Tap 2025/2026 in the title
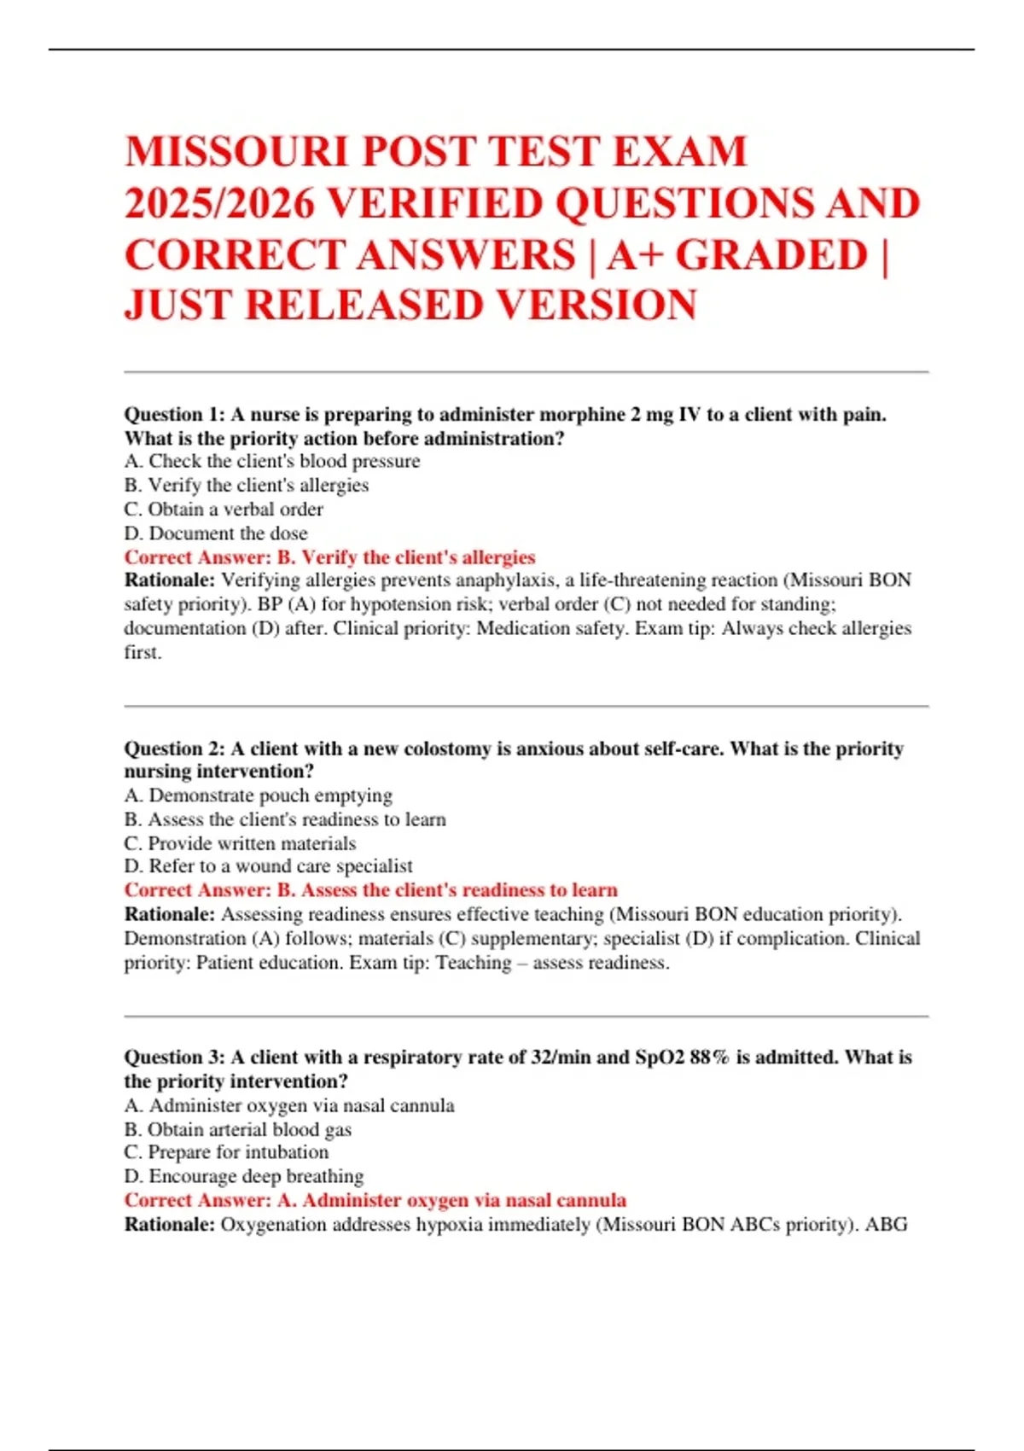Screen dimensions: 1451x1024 pos(219,204)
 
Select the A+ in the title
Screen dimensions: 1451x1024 pos(635,255)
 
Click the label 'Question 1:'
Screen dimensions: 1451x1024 pos(174,415)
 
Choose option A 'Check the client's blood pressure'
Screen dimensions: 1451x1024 pos(272,462)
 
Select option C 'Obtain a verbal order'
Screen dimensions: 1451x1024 pos(224,510)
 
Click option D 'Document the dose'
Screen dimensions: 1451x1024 pos(216,533)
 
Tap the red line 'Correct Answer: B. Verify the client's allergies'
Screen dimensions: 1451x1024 pos(329,557)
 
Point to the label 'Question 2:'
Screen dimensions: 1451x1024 pos(174,749)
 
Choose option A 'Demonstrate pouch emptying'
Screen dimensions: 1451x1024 pos(259,795)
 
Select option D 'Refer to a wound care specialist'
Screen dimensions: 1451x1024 pos(269,866)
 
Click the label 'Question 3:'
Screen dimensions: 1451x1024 pos(174,1058)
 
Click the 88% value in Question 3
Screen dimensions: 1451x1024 pos(709,1058)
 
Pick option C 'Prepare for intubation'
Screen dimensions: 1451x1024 pos(226,1152)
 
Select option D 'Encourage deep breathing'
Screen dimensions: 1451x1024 pos(244,1176)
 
